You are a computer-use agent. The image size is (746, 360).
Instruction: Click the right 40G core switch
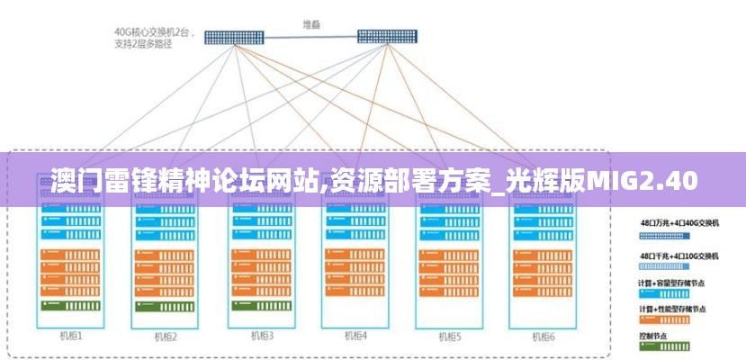click(388, 37)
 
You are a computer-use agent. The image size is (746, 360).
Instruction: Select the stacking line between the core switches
click(311, 37)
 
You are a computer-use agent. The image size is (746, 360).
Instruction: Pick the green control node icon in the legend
click(663, 346)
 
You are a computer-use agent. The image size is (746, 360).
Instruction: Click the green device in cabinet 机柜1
click(71, 306)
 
